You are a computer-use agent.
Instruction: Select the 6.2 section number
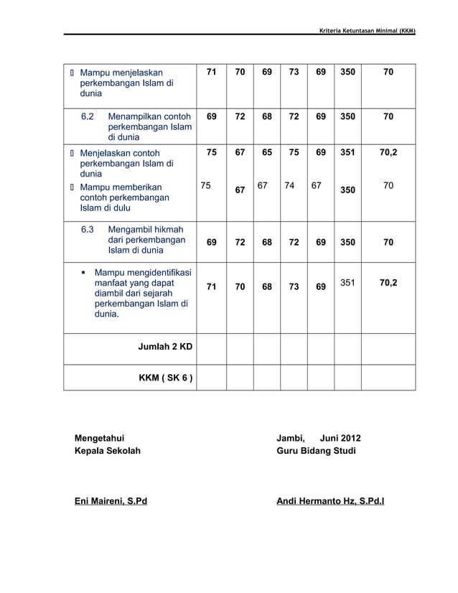pyautogui.click(x=88, y=116)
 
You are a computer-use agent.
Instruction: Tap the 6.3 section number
pyautogui.click(x=88, y=230)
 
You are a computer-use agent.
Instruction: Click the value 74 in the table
pyautogui.click(x=289, y=186)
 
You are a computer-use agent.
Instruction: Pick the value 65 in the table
pyautogui.click(x=266, y=153)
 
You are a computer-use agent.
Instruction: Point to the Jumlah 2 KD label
pyautogui.click(x=165, y=347)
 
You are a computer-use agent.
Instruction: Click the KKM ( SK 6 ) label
pyautogui.click(x=165, y=378)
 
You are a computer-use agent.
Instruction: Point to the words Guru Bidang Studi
pyautogui.click(x=316, y=451)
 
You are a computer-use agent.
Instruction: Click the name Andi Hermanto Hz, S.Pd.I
pyautogui.click(x=330, y=500)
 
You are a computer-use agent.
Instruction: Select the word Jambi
pyautogui.click(x=291, y=439)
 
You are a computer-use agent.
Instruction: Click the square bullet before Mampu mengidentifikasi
pyautogui.click(x=83, y=274)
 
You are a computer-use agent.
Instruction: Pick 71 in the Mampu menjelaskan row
pyautogui.click(x=212, y=73)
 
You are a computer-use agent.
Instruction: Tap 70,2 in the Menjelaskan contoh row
pyautogui.click(x=388, y=153)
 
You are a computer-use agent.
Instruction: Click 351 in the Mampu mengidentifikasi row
pyautogui.click(x=347, y=283)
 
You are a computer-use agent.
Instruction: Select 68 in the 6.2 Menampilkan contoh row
pyautogui.click(x=266, y=116)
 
